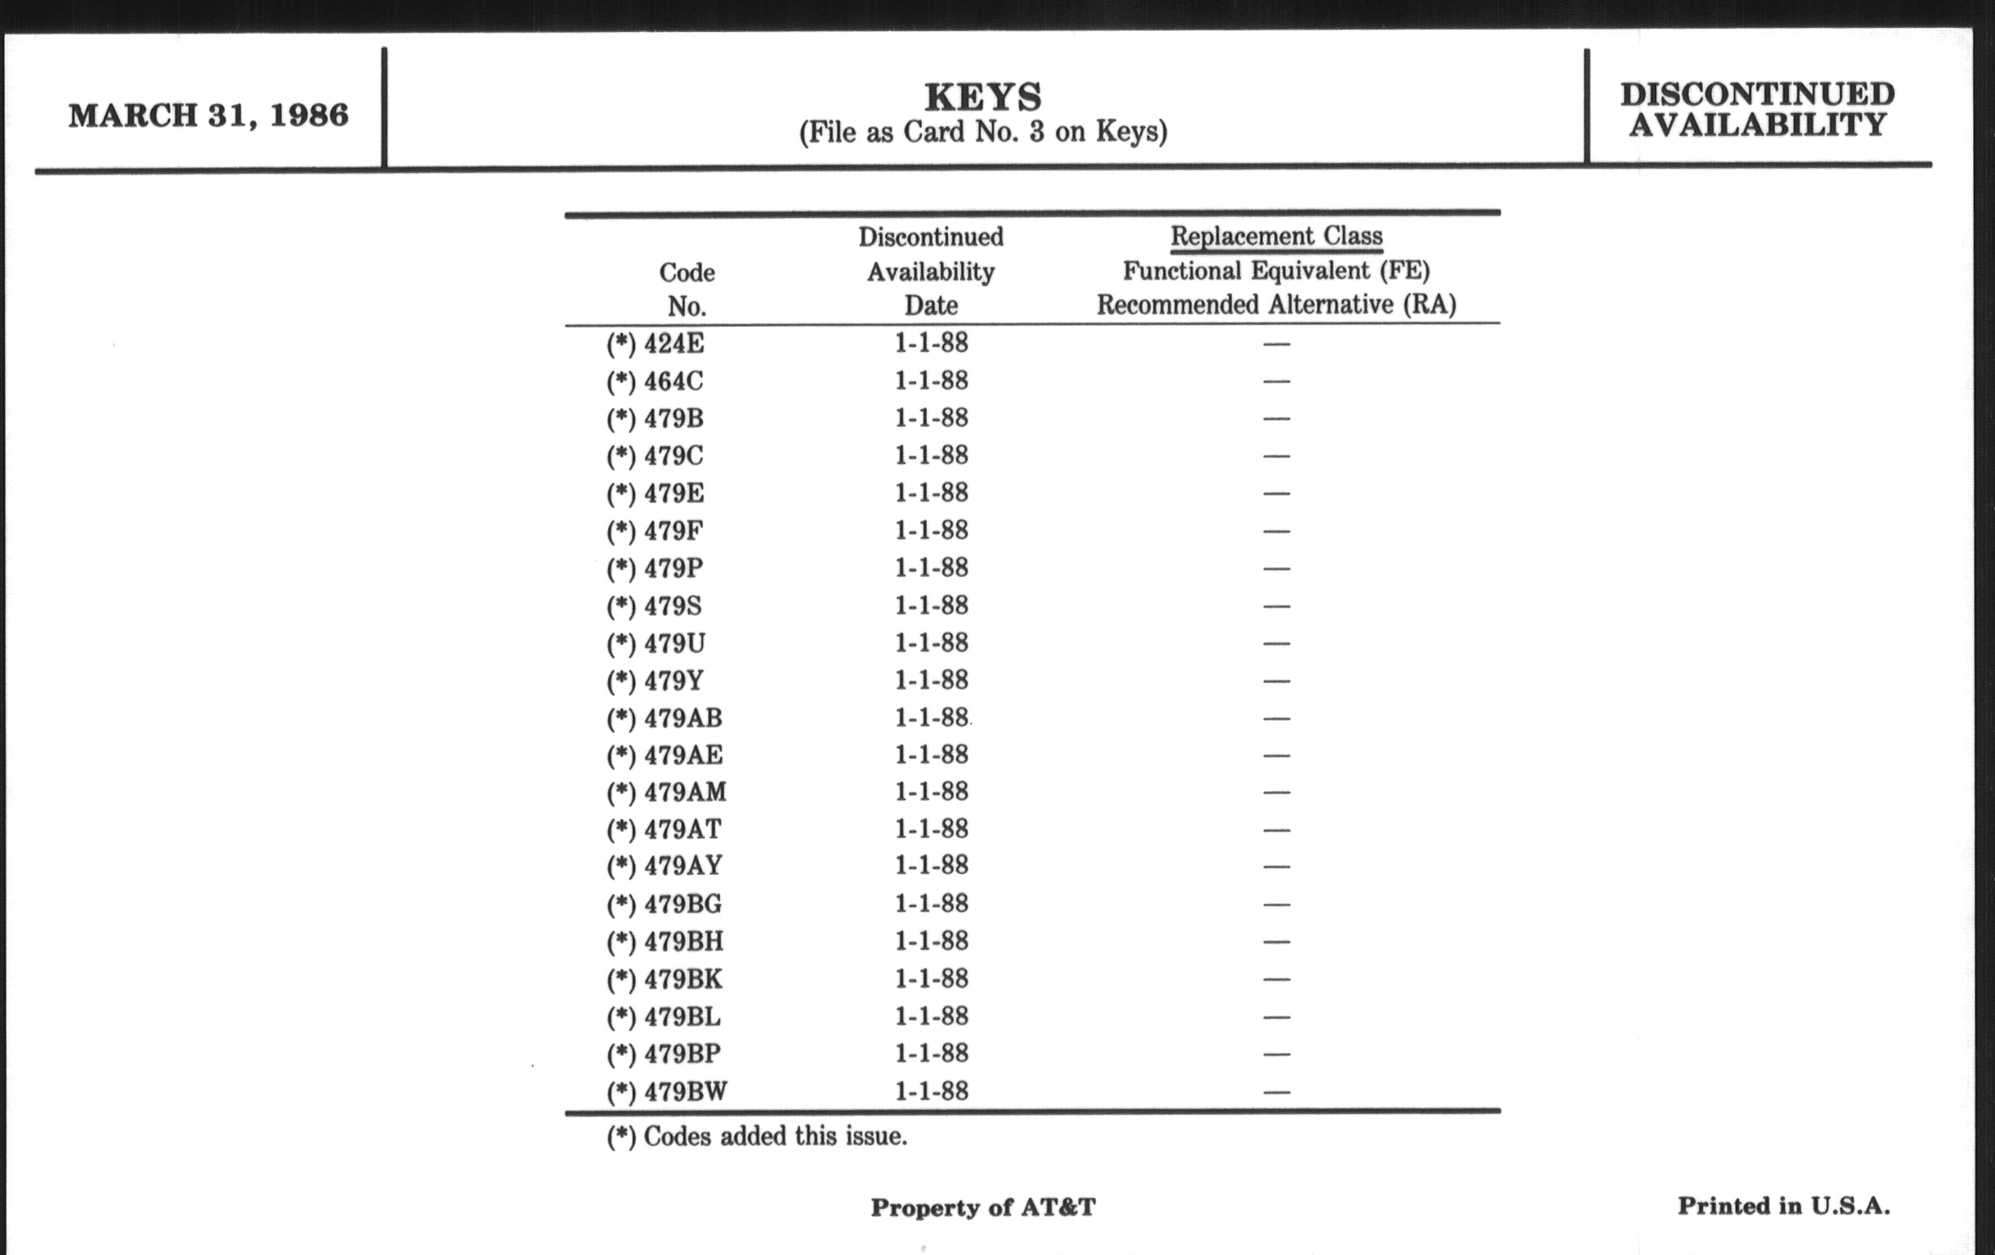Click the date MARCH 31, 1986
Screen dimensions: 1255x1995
(208, 115)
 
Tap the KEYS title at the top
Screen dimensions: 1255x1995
(983, 98)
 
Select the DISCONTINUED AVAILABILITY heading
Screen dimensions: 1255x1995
(1757, 109)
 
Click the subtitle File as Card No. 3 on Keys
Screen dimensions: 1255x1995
(983, 133)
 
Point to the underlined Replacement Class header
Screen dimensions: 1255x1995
(1276, 237)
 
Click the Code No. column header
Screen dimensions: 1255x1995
(687, 289)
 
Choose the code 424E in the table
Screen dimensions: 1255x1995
(673, 344)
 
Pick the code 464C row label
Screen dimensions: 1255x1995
(673, 382)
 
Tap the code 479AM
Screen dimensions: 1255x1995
(684, 792)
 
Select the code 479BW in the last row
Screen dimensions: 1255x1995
(685, 1092)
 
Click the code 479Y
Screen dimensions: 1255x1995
(673, 681)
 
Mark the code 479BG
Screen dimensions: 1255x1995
(682, 904)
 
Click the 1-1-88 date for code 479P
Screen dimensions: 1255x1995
(931, 568)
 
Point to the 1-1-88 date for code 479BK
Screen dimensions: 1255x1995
(931, 979)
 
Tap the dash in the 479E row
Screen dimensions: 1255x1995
(1276, 494)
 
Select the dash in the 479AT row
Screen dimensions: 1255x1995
(1276, 830)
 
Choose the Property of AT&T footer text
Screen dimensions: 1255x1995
(983, 1207)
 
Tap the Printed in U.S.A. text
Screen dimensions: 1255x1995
(1783, 1206)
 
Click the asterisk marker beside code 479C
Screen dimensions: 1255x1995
(620, 456)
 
